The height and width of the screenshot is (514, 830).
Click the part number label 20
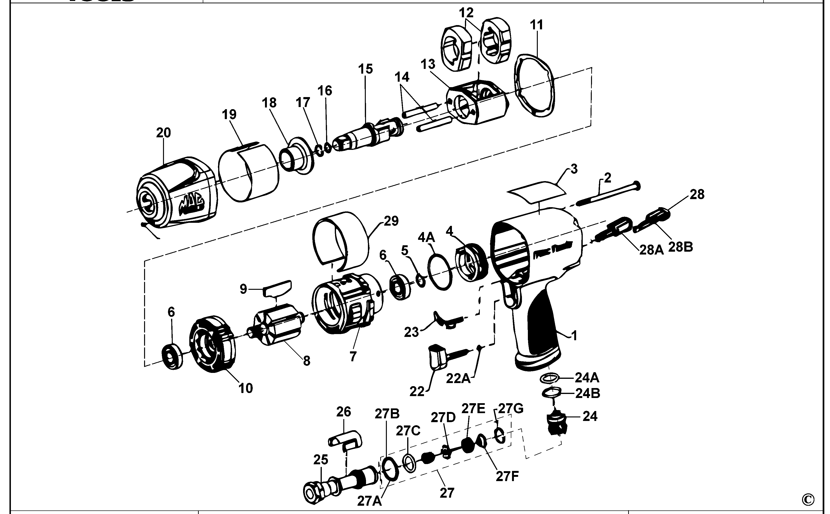coord(163,133)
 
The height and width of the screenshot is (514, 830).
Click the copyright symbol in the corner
coord(808,499)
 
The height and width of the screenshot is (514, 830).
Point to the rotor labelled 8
coord(278,325)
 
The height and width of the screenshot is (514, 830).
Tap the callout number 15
coord(365,69)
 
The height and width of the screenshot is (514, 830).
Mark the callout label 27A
coord(369,501)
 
